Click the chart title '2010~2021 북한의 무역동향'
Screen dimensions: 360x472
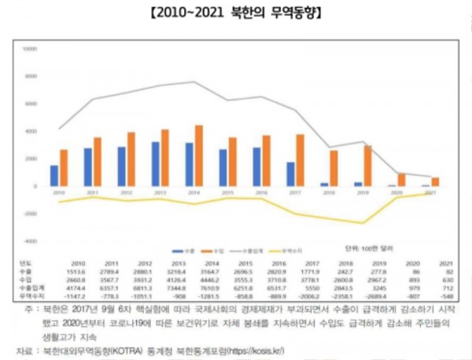235,14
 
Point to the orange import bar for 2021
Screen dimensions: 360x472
435,182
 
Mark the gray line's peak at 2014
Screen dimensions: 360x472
194,82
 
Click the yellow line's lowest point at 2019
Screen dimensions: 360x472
363,223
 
